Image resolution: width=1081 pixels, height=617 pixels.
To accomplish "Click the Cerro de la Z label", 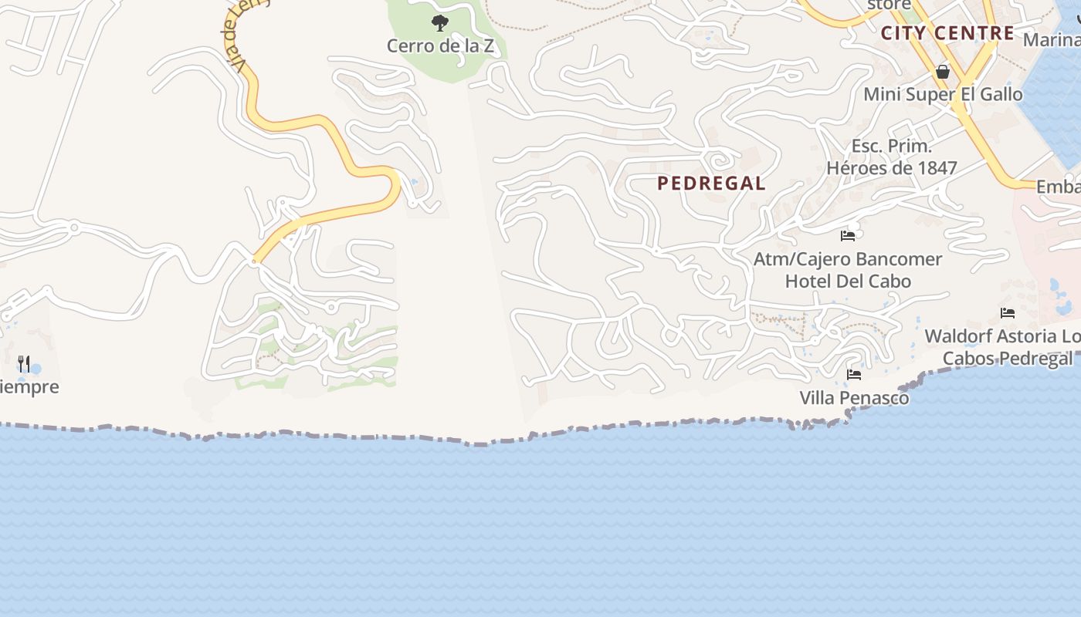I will point(440,46).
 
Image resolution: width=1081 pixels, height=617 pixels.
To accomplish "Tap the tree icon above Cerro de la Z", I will point(440,23).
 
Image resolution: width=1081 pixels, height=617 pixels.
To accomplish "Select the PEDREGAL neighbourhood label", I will point(711,184).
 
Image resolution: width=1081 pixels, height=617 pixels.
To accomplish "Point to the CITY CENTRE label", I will point(947,33).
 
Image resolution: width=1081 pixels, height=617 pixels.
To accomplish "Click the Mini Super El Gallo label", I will point(943,94).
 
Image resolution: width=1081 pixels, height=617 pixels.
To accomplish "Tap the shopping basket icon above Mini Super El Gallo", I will point(943,72).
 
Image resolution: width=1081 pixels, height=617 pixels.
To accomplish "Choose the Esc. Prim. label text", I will point(892,146).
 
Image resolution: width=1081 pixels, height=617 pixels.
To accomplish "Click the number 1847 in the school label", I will point(935,167).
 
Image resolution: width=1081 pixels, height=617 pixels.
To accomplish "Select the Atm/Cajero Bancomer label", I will point(848,259).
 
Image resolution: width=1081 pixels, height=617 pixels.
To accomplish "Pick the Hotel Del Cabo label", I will point(848,281).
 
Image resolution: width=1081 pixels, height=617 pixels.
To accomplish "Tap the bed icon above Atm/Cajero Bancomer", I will point(848,235).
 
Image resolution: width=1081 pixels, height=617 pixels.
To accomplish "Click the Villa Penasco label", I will point(854,398).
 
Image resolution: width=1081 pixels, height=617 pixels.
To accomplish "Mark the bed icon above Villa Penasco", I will point(854,375).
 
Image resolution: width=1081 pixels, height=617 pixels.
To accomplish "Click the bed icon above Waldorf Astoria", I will point(1008,312).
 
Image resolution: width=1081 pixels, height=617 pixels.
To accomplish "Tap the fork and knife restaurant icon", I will point(24,363).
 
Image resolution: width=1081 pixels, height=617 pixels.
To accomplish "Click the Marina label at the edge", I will point(1052,39).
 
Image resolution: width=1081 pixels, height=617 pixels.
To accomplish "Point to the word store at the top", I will point(889,5).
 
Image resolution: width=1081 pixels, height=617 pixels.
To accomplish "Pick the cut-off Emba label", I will point(1058,187).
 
